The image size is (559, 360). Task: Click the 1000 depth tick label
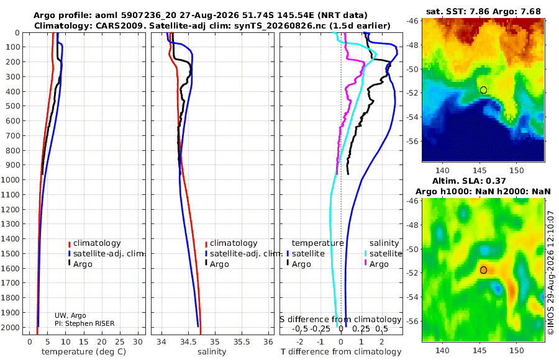[x=11, y=179]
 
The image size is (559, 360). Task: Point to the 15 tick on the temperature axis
[x=83, y=342]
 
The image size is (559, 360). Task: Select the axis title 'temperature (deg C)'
[x=84, y=352]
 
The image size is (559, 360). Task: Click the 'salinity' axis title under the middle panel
[x=212, y=352]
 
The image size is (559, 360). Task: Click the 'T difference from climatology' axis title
[x=341, y=352]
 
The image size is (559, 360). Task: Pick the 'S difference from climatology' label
[x=340, y=320]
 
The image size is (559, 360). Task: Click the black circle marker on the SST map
[x=483, y=90]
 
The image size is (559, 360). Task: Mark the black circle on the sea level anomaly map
[x=483, y=270]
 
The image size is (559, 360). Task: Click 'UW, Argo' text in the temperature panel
[x=70, y=315]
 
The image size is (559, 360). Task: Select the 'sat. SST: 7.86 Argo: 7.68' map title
[x=483, y=11]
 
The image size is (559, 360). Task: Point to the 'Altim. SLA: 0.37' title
[x=469, y=181]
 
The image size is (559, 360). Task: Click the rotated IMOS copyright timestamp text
[x=551, y=272]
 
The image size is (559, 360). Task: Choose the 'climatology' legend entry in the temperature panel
[x=94, y=243]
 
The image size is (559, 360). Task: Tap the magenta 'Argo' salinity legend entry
[x=376, y=264]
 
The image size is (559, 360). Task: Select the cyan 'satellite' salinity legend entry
[x=383, y=254]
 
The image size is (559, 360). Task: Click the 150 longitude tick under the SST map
[x=517, y=170]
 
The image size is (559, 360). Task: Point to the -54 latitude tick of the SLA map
[x=412, y=297]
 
